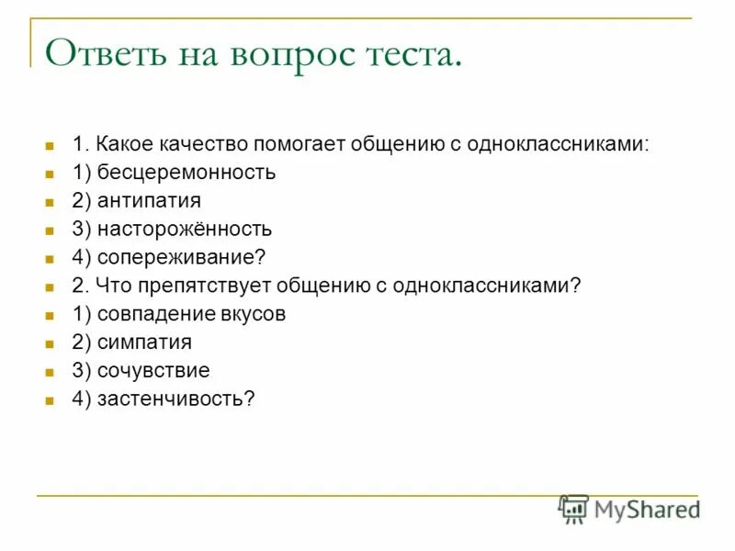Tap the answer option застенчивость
point(164,400)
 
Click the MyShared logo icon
point(573,509)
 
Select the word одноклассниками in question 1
point(557,145)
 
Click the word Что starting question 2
point(108,287)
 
